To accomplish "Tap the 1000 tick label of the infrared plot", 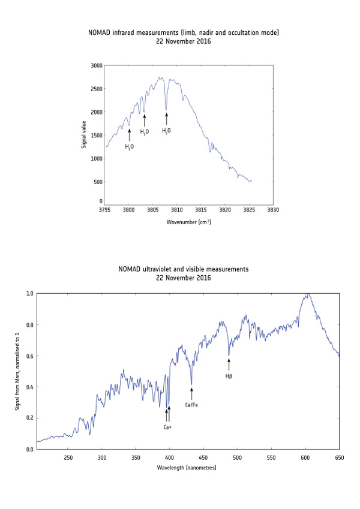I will click(96, 159).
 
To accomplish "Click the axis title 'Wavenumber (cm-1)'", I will click(188, 222).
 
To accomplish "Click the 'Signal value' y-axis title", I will click(83, 133).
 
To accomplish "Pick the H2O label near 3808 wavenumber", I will click(166, 130).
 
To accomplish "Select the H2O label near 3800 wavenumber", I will click(129, 146).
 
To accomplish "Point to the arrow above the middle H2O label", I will click(144, 120).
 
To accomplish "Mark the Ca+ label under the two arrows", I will click(168, 427).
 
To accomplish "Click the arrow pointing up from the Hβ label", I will click(229, 364).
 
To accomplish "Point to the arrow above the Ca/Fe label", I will click(191, 393).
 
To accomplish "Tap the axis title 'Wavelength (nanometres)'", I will click(188, 466).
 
